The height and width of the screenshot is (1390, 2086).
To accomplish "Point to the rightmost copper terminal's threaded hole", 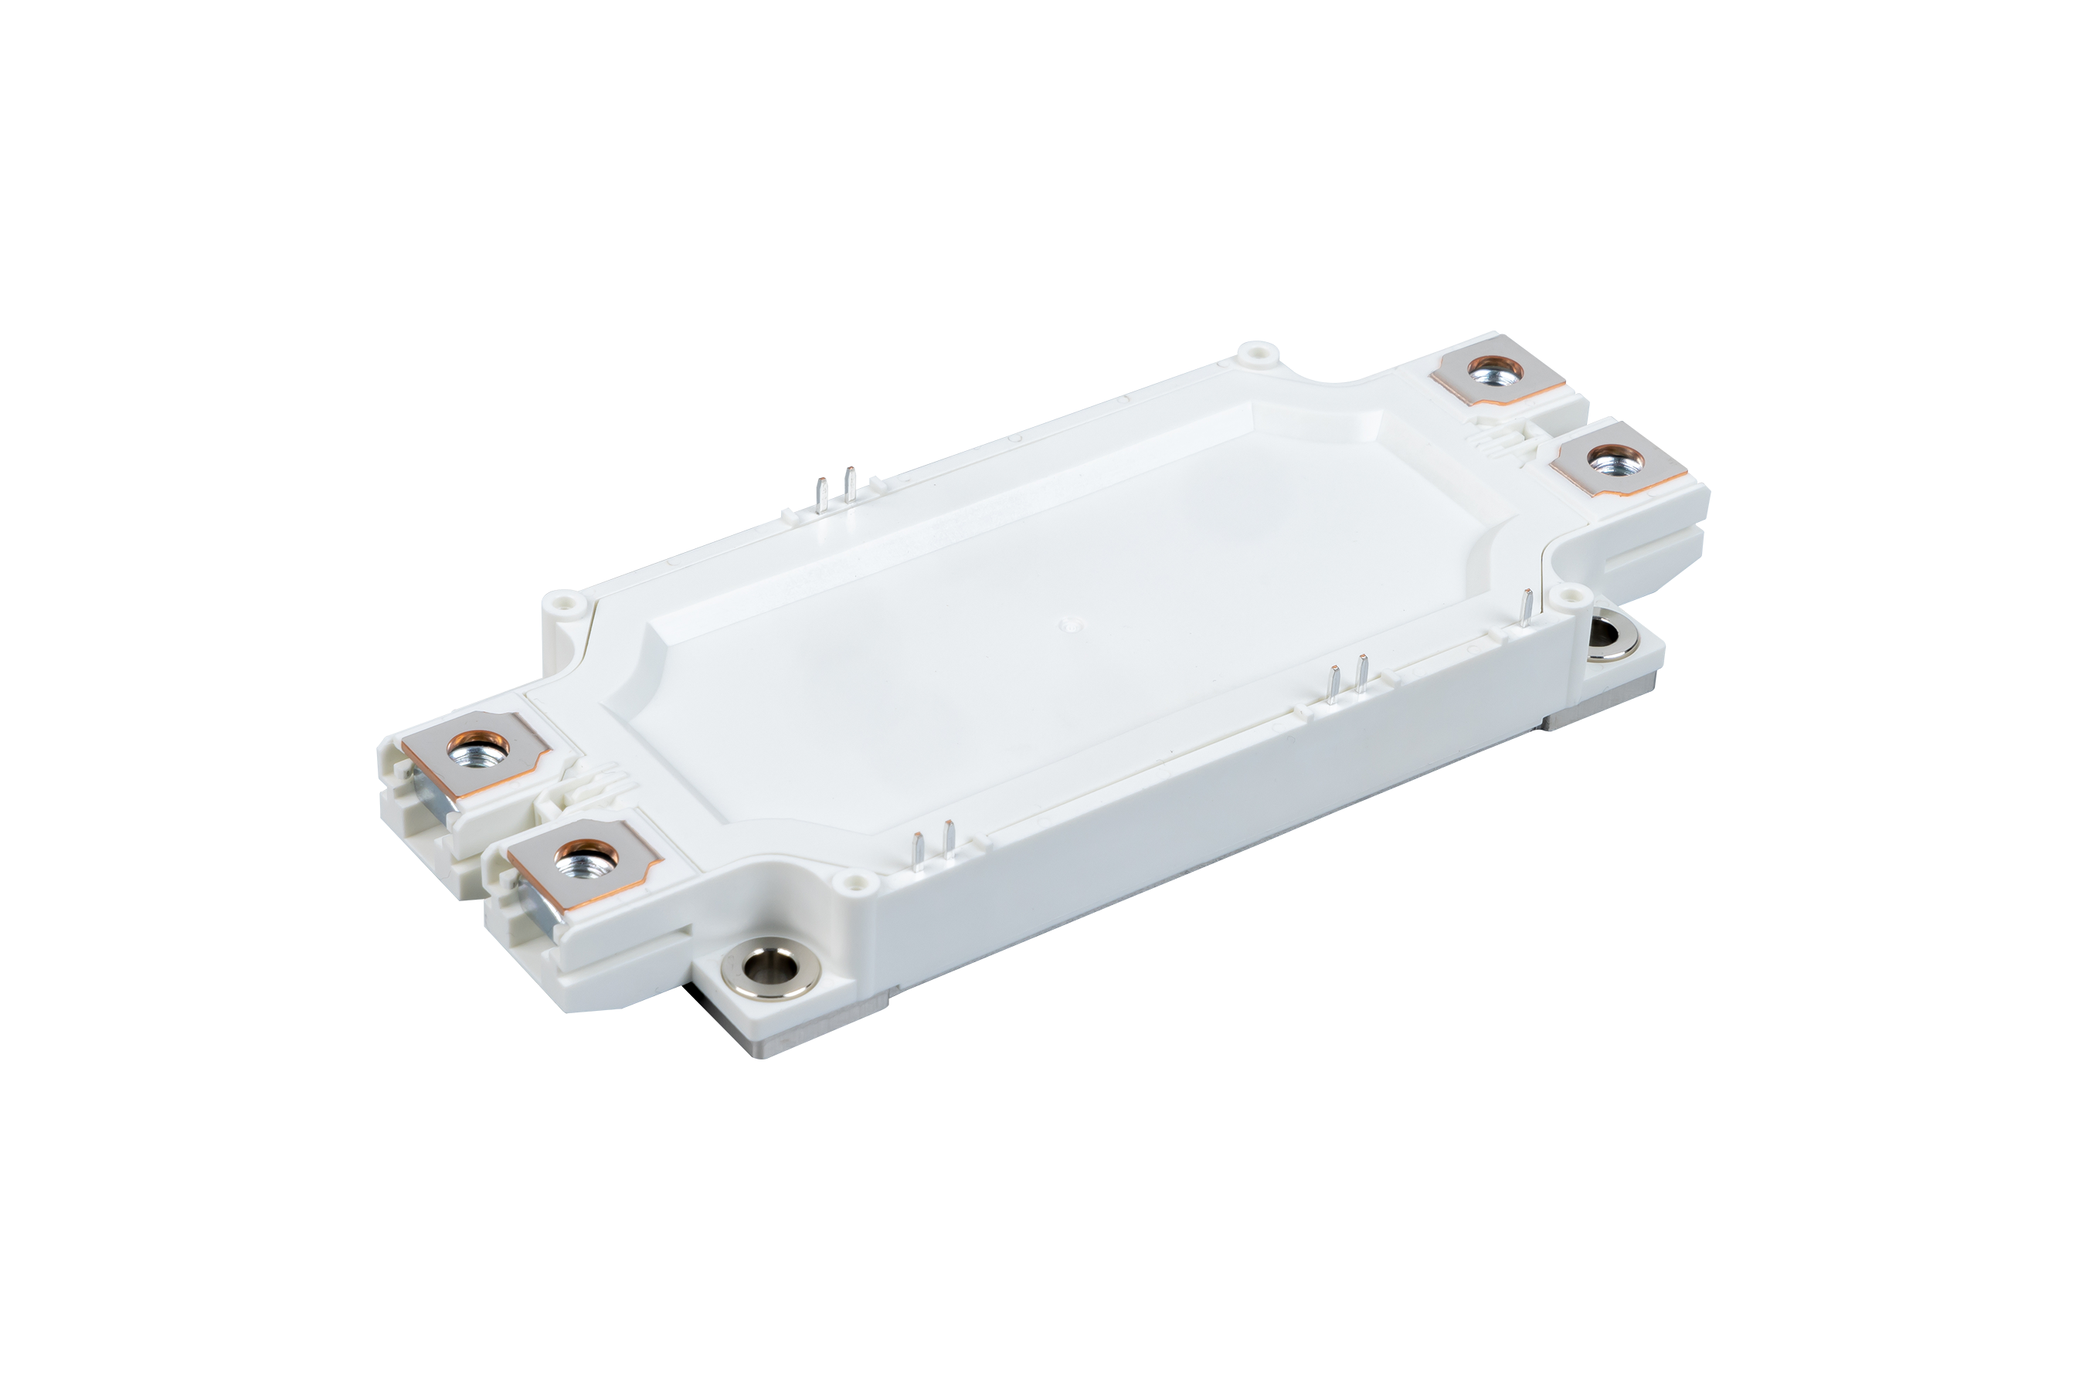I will point(1602,461).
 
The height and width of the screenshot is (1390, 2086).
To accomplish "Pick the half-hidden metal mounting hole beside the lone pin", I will point(1602,635).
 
